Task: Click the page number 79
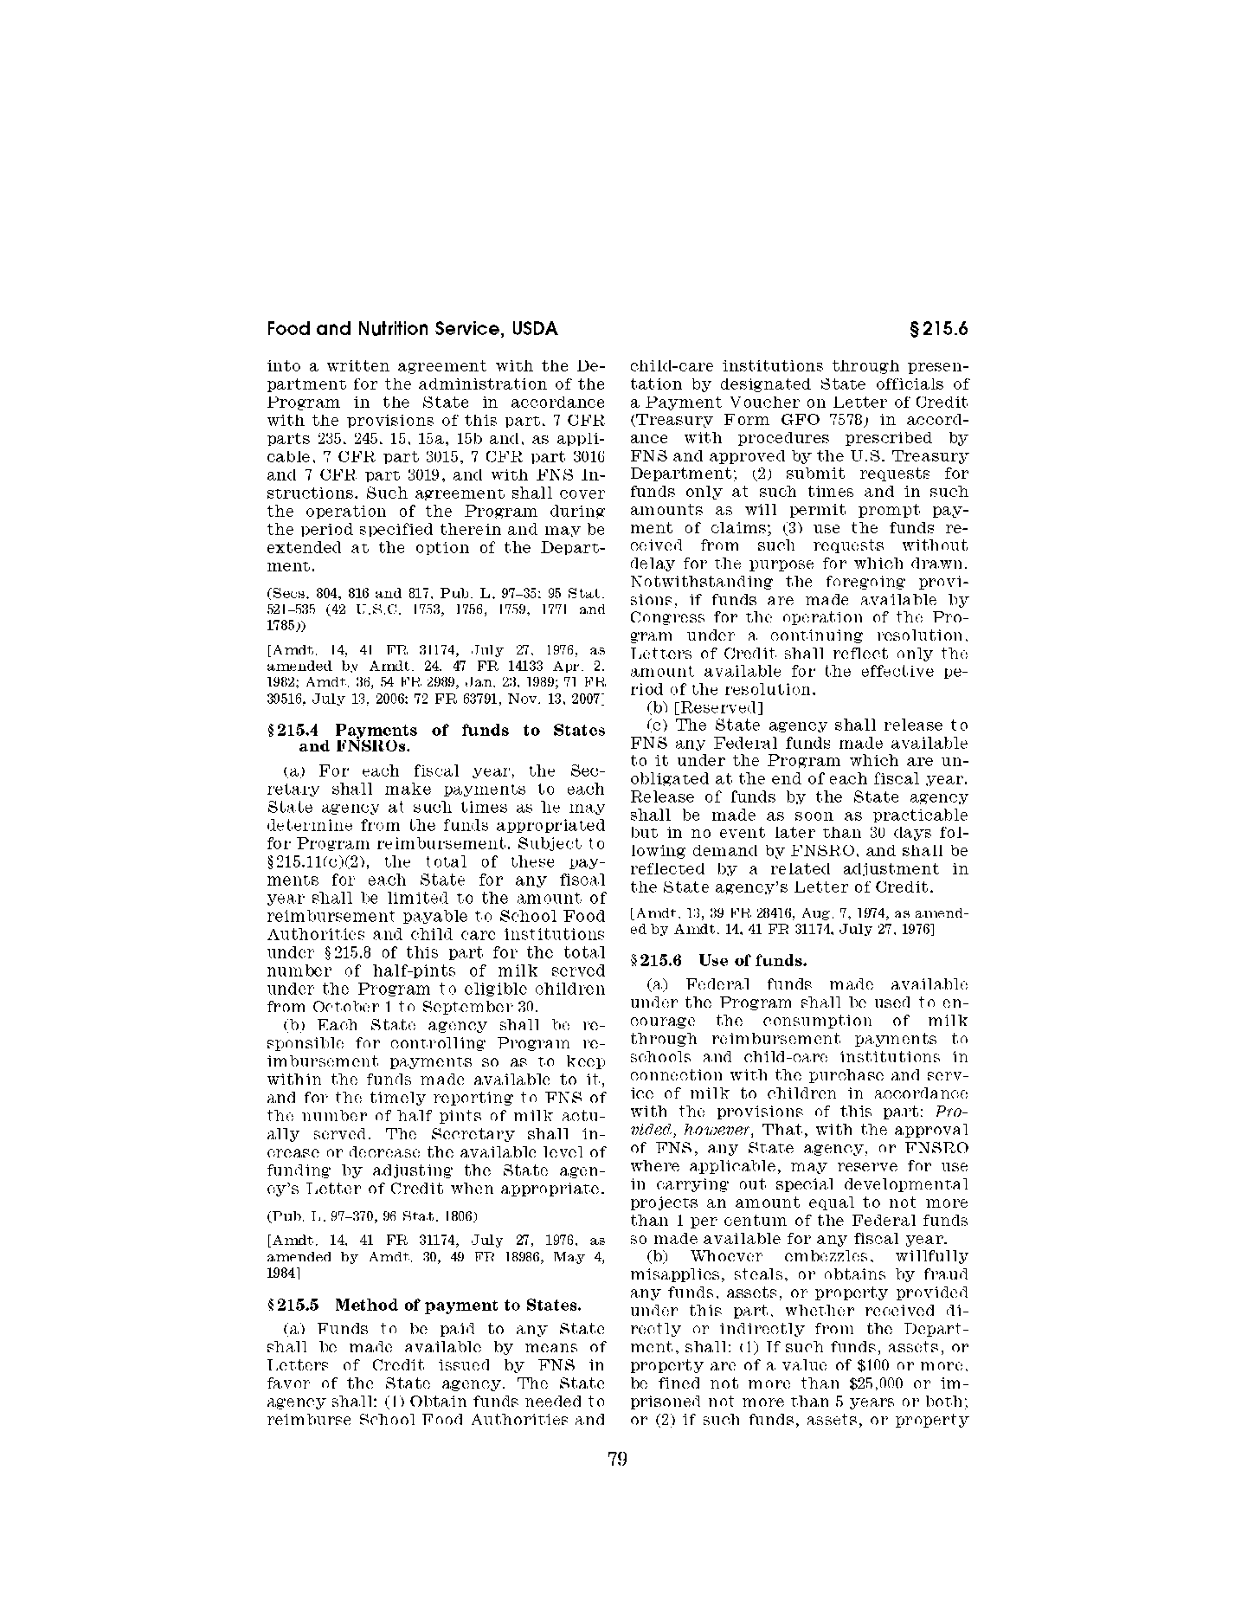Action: [617, 1459]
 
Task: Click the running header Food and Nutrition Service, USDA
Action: [412, 329]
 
